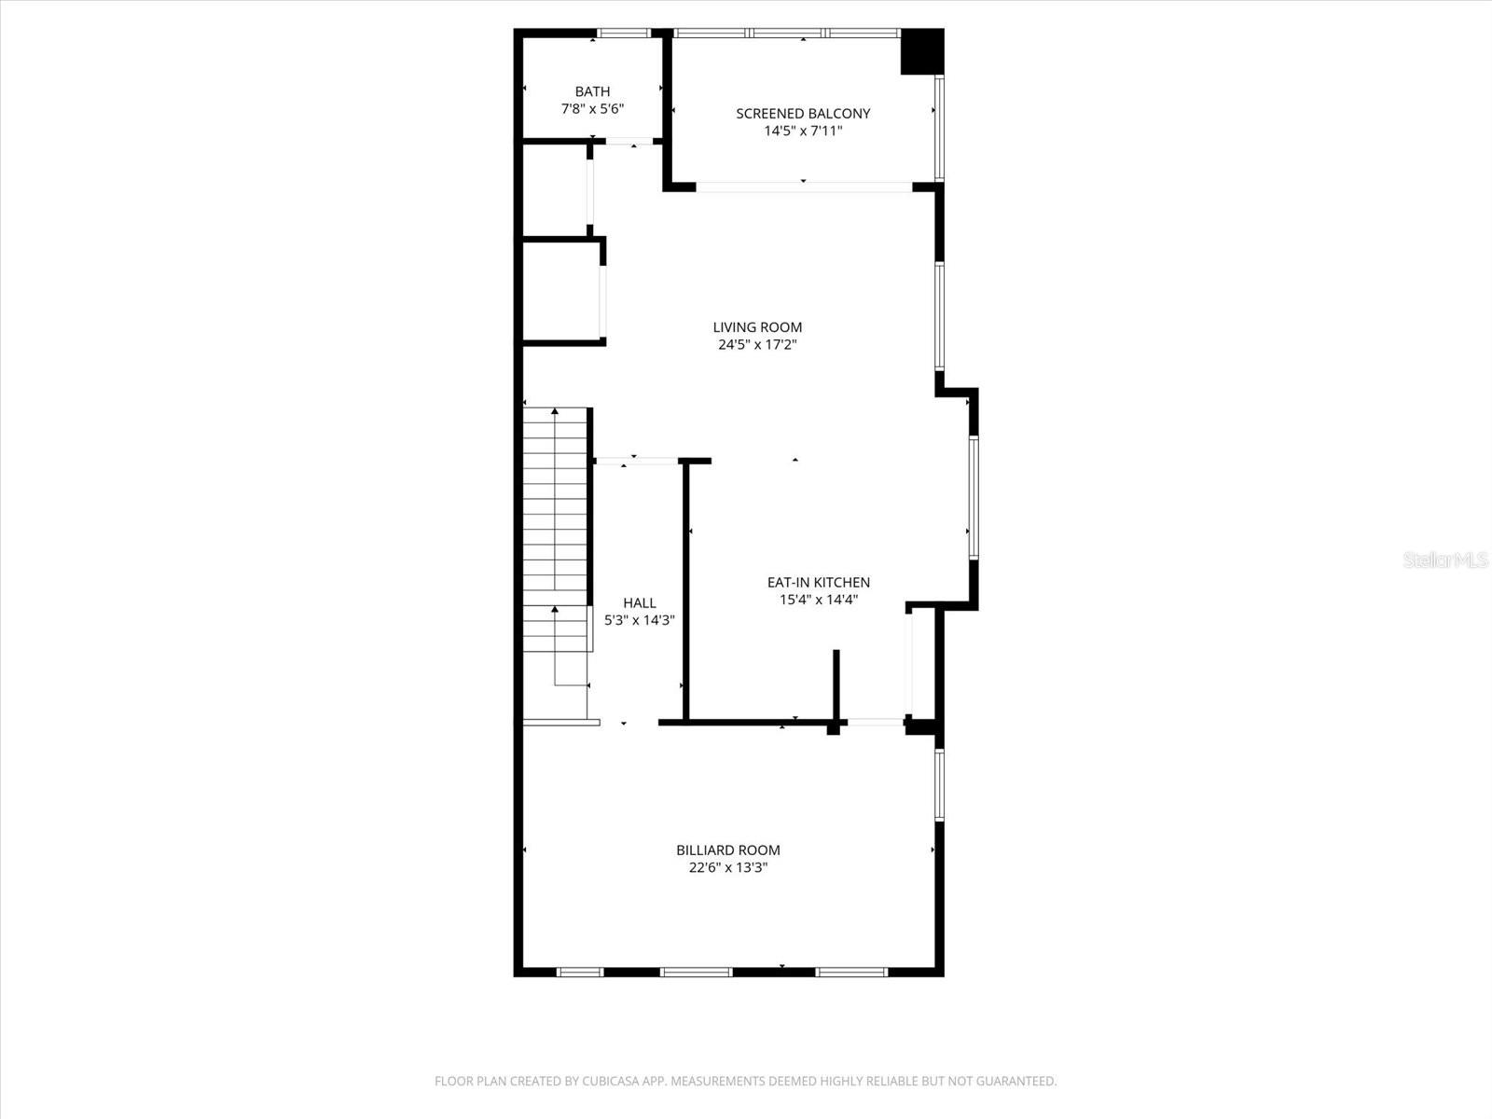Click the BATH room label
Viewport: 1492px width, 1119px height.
point(592,91)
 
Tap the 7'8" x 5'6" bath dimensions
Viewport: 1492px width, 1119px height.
point(592,109)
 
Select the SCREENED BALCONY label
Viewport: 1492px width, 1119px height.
point(803,114)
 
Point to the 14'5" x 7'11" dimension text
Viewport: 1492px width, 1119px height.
point(803,131)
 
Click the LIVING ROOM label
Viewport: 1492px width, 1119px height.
point(757,327)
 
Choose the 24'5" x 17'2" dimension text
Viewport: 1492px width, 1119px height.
point(757,345)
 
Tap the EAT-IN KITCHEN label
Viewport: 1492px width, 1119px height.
point(818,583)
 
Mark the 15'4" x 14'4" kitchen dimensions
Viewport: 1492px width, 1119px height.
point(818,601)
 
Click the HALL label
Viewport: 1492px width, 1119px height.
point(639,603)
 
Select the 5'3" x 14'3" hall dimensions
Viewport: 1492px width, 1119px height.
point(639,621)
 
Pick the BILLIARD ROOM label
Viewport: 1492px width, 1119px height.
point(727,850)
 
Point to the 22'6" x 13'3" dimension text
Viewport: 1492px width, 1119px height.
point(727,868)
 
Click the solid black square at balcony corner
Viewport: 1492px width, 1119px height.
point(922,51)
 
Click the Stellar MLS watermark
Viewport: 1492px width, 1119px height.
point(1446,560)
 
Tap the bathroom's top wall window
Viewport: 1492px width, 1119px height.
point(624,34)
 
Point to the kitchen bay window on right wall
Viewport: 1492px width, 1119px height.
point(973,497)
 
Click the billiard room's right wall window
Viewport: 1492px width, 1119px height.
point(939,784)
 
